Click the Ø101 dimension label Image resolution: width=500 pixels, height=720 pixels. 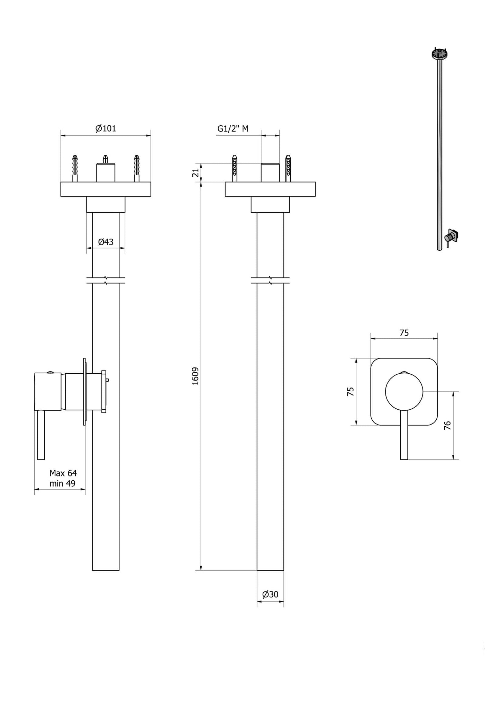click(106, 128)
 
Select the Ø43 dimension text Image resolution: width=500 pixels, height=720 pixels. click(106, 242)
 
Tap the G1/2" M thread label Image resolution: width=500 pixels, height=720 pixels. click(233, 128)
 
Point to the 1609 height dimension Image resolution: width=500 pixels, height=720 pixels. click(195, 376)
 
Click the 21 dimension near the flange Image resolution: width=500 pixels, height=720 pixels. click(195, 172)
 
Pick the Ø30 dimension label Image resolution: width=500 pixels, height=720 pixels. click(270, 594)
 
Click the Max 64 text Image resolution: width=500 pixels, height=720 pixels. click(63, 473)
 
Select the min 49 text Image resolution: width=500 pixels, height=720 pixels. click(62, 483)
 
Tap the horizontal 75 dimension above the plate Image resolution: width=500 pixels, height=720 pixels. click(404, 332)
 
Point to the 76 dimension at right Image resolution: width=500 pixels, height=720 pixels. click(447, 425)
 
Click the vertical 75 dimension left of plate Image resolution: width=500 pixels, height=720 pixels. click(351, 391)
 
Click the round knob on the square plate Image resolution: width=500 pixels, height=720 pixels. click(404, 391)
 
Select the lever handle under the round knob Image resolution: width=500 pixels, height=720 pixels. click(404, 436)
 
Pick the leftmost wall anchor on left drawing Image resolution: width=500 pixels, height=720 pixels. click(75, 168)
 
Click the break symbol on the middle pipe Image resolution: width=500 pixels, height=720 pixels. click(270, 280)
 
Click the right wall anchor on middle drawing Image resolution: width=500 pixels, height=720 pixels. click(288, 168)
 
